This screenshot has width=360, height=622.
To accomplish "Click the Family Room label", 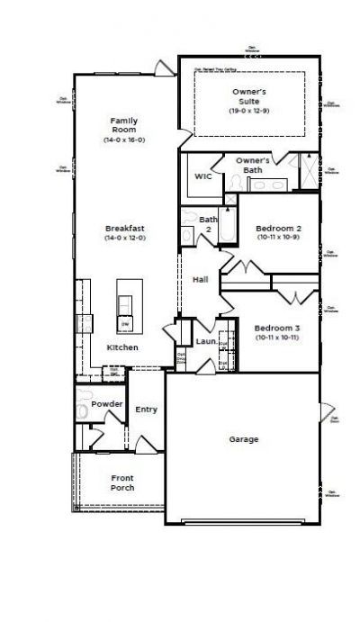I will tap(124, 125).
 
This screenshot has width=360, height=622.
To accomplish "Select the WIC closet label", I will tap(203, 176).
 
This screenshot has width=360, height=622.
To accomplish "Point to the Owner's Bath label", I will tap(253, 165).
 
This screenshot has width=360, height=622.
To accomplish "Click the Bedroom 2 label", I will tap(278, 229).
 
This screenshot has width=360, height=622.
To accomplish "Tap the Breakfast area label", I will tap(124, 229).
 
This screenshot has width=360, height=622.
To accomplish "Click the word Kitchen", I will tap(123, 347).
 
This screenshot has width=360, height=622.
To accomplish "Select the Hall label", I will tap(201, 280).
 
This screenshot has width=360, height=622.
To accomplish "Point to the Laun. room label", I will tap(205, 341).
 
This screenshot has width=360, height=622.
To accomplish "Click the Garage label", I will tap(243, 439).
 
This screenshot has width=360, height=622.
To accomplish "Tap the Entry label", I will tap(146, 410).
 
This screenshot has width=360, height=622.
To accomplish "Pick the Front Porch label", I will tap(122, 482).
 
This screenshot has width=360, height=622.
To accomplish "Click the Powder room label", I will tap(107, 404).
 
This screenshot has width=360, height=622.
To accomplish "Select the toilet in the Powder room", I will tap(83, 401).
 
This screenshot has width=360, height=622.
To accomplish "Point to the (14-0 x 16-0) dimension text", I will tap(124, 140).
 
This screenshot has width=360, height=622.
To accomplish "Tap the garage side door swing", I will tap(327, 414).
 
